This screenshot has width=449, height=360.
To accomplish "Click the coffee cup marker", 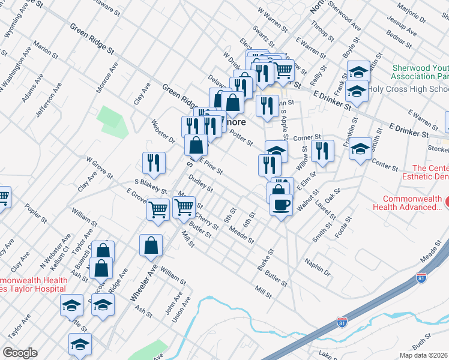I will tap(281, 205).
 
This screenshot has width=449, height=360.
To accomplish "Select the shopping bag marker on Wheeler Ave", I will tap(151, 245).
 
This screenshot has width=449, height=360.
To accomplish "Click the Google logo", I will tap(20, 353).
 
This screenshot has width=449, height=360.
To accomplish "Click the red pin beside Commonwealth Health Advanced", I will tap(445, 199).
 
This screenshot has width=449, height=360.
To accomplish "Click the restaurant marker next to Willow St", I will tap(322, 152).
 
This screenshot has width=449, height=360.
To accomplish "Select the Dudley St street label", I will tap(201, 184).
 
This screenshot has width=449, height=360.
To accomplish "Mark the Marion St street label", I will tap(44, 52).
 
